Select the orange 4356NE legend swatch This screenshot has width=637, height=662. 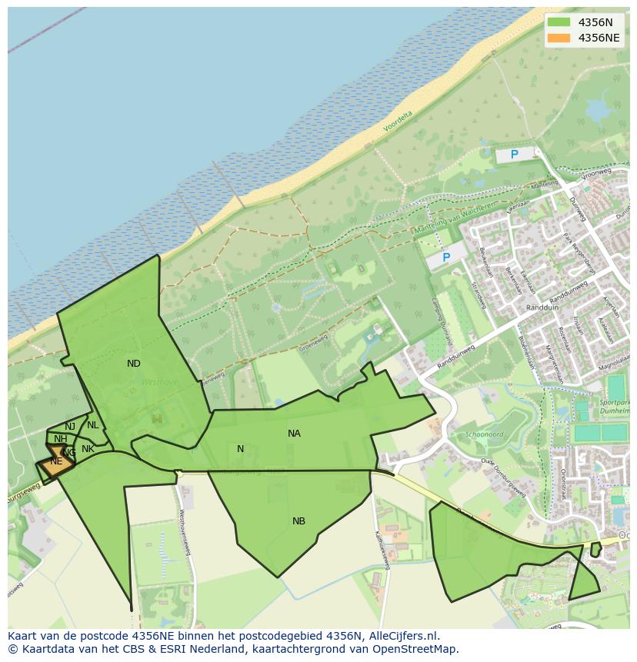pyautogui.click(x=559, y=38)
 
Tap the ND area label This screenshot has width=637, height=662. pyautogui.click(x=134, y=364)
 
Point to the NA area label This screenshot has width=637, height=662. pyautogui.click(x=294, y=434)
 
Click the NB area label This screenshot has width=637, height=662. pyautogui.click(x=298, y=521)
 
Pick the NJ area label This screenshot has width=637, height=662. pyautogui.click(x=70, y=427)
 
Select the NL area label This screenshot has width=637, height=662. pyautogui.click(x=93, y=425)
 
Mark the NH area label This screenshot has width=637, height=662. pyautogui.click(x=60, y=439)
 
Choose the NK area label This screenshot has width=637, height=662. pyautogui.click(x=88, y=449)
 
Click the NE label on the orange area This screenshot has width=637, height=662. pyautogui.click(x=56, y=461)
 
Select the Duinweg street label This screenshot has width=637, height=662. pyautogui.click(x=578, y=208)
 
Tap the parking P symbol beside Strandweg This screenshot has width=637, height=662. pyautogui.click(x=445, y=258)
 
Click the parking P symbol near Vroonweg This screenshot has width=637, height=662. pyautogui.click(x=514, y=155)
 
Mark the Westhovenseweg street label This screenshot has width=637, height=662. pyautogui.click(x=185, y=531)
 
